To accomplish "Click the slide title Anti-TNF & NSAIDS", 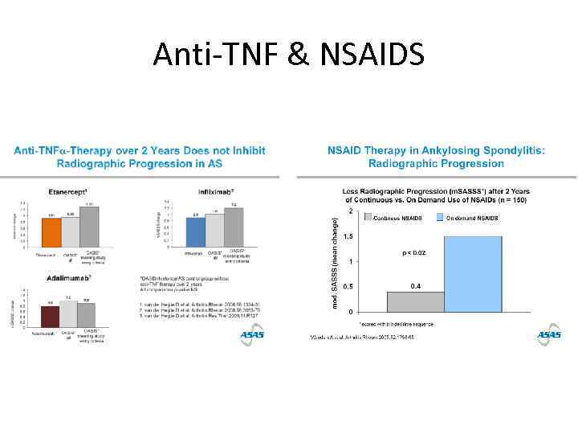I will pyautogui.click(x=288, y=54).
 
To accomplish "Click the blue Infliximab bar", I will pyautogui.click(x=195, y=233).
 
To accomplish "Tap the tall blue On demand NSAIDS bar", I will pyautogui.click(x=473, y=273).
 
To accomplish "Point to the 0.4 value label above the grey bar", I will pyautogui.click(x=416, y=285).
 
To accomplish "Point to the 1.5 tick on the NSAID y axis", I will pyautogui.click(x=348, y=236).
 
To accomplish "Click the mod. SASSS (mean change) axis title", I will pyautogui.click(x=335, y=261).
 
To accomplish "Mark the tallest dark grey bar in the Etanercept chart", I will pyautogui.click(x=90, y=228).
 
